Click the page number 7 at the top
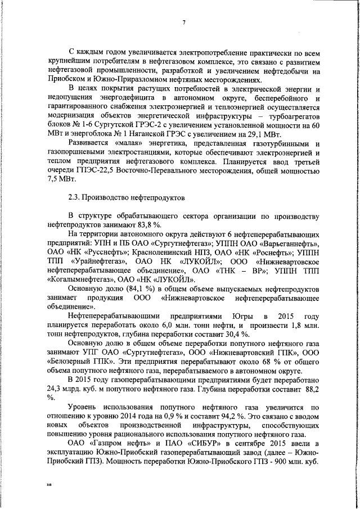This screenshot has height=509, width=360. coord(184,22)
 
